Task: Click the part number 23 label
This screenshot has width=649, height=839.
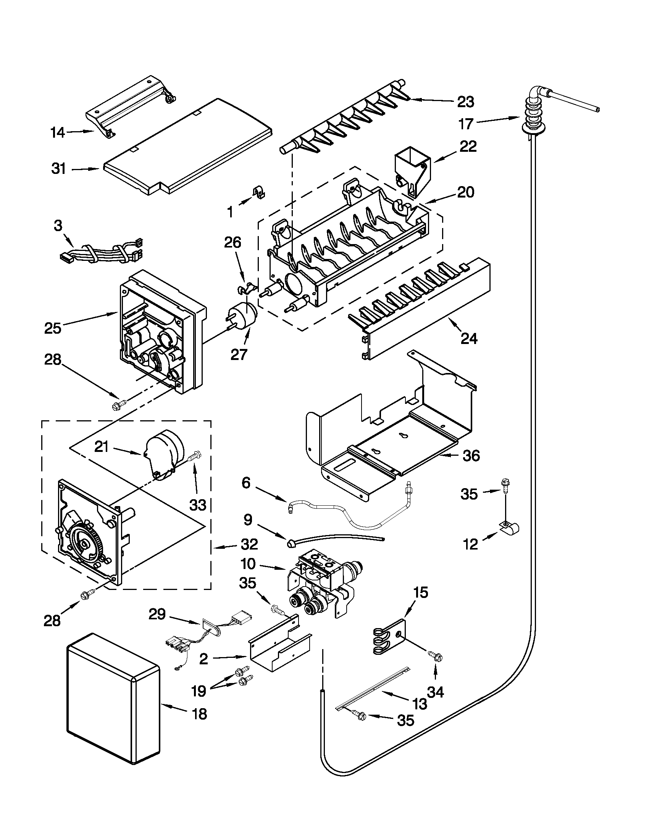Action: tap(466, 102)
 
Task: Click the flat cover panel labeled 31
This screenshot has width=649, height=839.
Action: tap(188, 146)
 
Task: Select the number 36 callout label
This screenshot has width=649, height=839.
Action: tap(471, 456)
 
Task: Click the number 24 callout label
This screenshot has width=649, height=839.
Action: tap(469, 339)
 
